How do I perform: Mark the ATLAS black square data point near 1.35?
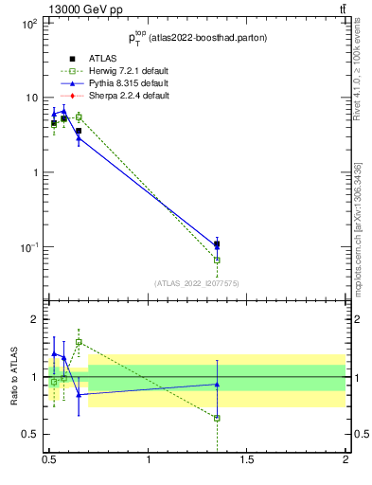[217, 244]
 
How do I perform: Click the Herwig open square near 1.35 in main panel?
[217, 260]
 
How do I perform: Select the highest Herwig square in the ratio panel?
[79, 342]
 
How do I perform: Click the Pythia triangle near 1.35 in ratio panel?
[217, 384]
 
